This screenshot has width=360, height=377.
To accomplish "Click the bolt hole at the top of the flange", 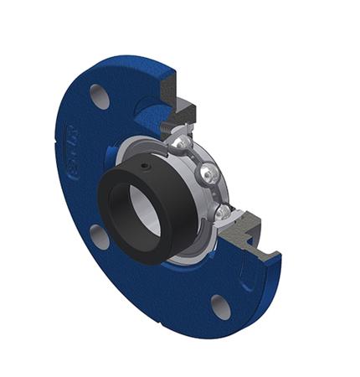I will (x=100, y=96).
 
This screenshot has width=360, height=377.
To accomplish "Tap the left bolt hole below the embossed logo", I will (x=98, y=237).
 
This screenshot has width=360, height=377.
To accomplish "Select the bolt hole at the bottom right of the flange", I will (x=220, y=307).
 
